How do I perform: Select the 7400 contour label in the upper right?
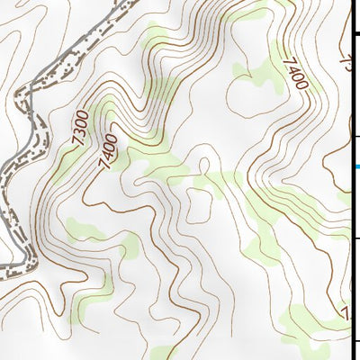tap(295, 74)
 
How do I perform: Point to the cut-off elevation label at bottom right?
tap(346, 313)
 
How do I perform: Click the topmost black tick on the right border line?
tap(356, 33)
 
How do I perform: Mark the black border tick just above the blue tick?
tap(356, 137)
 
